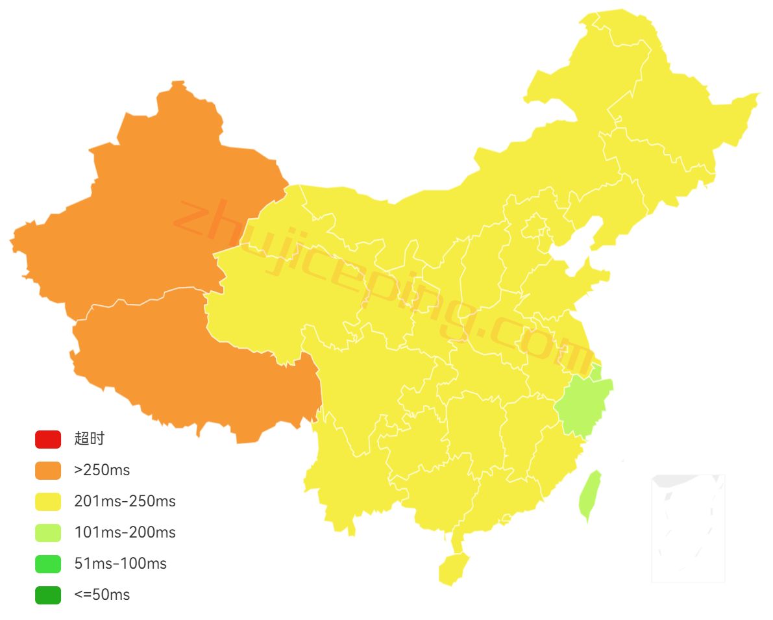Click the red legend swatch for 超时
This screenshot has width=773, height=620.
[x=48, y=439]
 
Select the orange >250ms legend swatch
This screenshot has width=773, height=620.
[x=48, y=470]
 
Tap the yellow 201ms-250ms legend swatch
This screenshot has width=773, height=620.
[x=48, y=501]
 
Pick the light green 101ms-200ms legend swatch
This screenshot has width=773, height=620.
[x=48, y=532]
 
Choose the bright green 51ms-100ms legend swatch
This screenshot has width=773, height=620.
[x=48, y=564]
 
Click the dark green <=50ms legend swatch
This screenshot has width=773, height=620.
[x=48, y=595]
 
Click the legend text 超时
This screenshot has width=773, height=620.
[x=89, y=439]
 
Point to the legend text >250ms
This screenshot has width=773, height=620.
[x=102, y=470]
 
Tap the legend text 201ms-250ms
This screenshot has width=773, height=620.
[x=125, y=501]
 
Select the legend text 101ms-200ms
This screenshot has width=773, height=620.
[x=125, y=532]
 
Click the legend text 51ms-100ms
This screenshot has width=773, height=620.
[x=120, y=564]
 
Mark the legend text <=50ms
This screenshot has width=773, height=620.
[x=102, y=595]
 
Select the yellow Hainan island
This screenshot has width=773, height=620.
[x=453, y=569]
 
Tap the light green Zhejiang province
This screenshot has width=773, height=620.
[x=582, y=406]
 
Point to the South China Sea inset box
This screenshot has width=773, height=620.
[x=688, y=527]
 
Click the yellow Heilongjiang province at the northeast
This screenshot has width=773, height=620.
[x=675, y=110]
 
